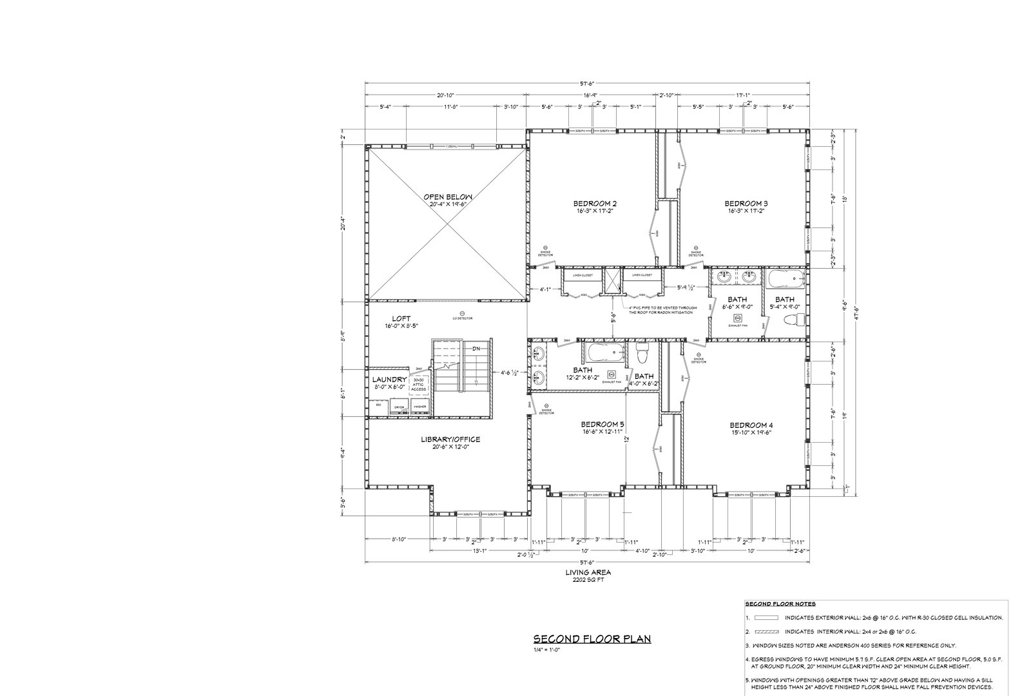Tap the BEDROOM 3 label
746,204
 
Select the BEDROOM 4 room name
751,425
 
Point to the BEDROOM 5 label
603,424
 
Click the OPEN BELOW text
449,197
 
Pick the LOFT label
401,318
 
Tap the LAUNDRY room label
389,380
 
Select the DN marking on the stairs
476,349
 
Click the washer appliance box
420,407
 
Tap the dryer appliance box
400,407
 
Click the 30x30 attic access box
420,384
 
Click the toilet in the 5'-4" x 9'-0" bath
798,320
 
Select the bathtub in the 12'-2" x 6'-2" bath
604,354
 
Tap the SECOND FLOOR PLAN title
592,639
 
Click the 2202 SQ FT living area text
588,579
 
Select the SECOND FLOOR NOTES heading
780,604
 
